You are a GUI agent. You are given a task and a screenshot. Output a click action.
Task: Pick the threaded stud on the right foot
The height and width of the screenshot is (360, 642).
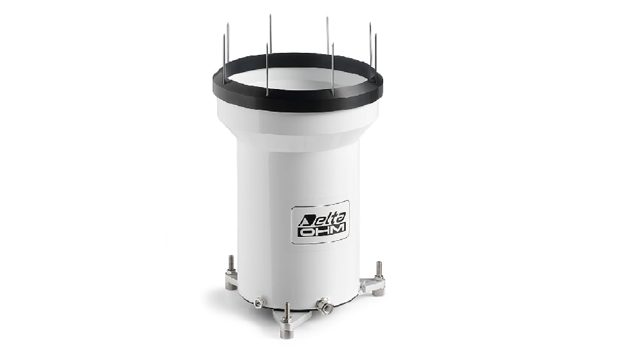[x=379, y=270]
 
